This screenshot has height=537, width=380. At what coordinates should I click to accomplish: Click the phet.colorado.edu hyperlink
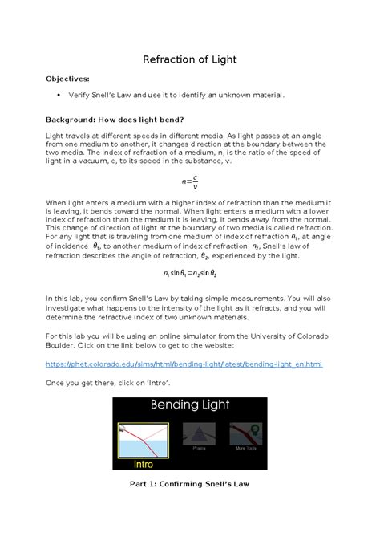click(185, 364)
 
